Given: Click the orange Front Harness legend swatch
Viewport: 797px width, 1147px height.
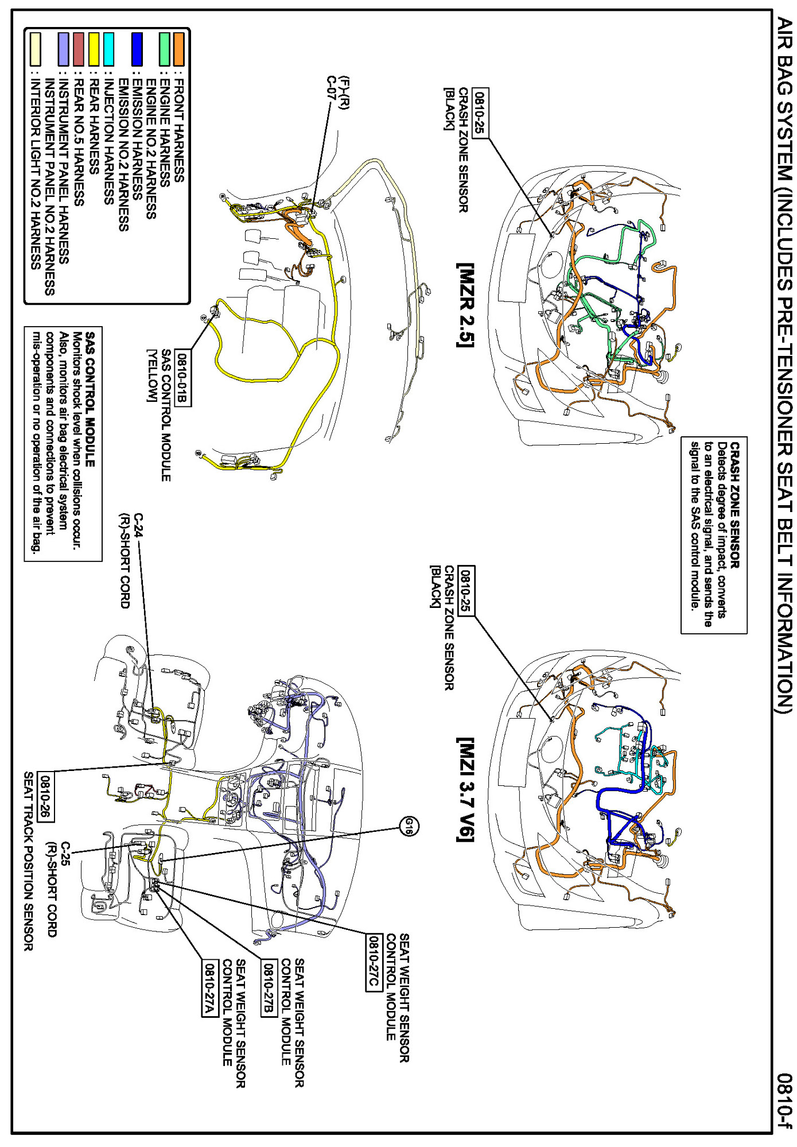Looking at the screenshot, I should click(x=179, y=49).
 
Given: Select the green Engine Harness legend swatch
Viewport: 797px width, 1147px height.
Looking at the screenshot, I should click(x=165, y=49).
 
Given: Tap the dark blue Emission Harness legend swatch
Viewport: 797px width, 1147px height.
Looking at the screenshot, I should click(x=137, y=49).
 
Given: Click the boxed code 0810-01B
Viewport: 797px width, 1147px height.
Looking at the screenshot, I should click(x=182, y=378).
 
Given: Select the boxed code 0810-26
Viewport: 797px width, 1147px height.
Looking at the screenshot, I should click(x=45, y=797).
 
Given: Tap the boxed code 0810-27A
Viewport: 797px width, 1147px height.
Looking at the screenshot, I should click(x=210, y=988).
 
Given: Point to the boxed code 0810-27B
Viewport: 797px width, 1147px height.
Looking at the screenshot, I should click(x=269, y=988).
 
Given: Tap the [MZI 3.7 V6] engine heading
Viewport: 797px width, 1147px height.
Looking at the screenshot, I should click(x=465, y=789).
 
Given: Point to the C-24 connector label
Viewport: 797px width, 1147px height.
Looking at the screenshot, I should click(x=138, y=525).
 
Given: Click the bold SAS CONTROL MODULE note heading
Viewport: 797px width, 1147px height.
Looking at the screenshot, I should click(x=90, y=400).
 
